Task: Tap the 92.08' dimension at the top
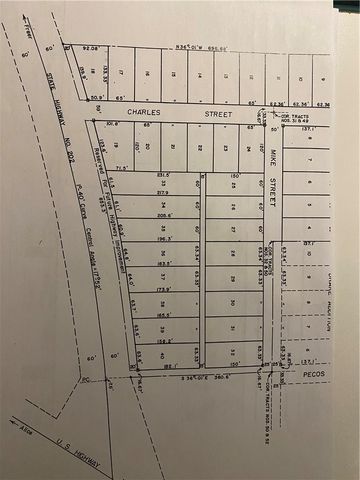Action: (92, 47)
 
